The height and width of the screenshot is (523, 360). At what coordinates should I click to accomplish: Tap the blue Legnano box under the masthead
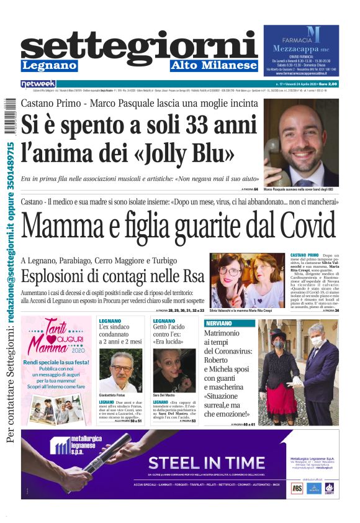49,65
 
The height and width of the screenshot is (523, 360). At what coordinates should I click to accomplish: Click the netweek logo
38,84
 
